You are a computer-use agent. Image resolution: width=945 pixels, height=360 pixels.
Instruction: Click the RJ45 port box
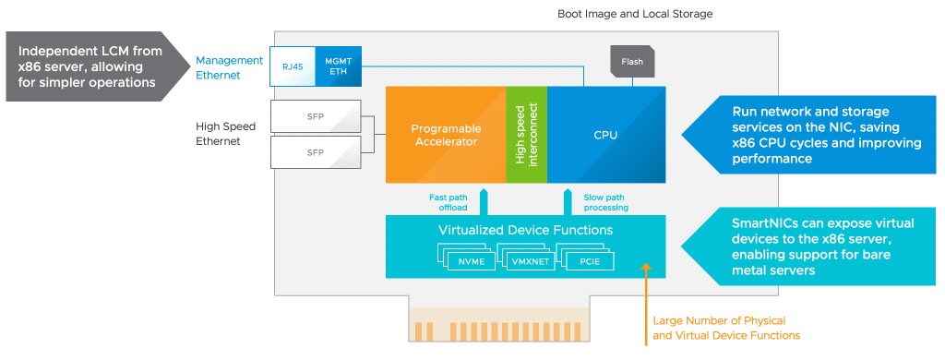(292, 66)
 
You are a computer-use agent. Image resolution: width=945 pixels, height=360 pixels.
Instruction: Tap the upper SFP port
(316, 116)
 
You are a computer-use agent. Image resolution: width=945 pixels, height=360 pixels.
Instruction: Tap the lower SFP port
(316, 151)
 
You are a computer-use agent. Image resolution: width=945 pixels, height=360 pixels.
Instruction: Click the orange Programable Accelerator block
(445, 135)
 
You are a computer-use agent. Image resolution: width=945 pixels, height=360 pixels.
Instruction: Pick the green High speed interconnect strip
(526, 135)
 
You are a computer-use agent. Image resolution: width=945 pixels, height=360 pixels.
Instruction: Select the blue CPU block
(605, 135)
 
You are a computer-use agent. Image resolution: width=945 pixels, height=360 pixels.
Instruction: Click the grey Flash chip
(632, 62)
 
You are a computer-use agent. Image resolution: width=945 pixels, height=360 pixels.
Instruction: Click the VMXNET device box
(530, 260)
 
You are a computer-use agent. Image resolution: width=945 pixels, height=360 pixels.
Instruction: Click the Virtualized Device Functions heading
(525, 229)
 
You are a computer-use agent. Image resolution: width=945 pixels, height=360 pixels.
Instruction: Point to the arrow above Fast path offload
(484, 200)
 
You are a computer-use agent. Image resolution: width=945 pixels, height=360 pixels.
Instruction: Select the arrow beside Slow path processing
(566, 200)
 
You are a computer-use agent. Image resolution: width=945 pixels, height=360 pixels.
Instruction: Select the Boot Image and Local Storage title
(635, 14)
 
